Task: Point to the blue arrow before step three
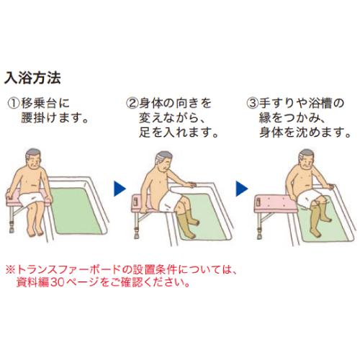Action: click(x=239, y=190)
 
